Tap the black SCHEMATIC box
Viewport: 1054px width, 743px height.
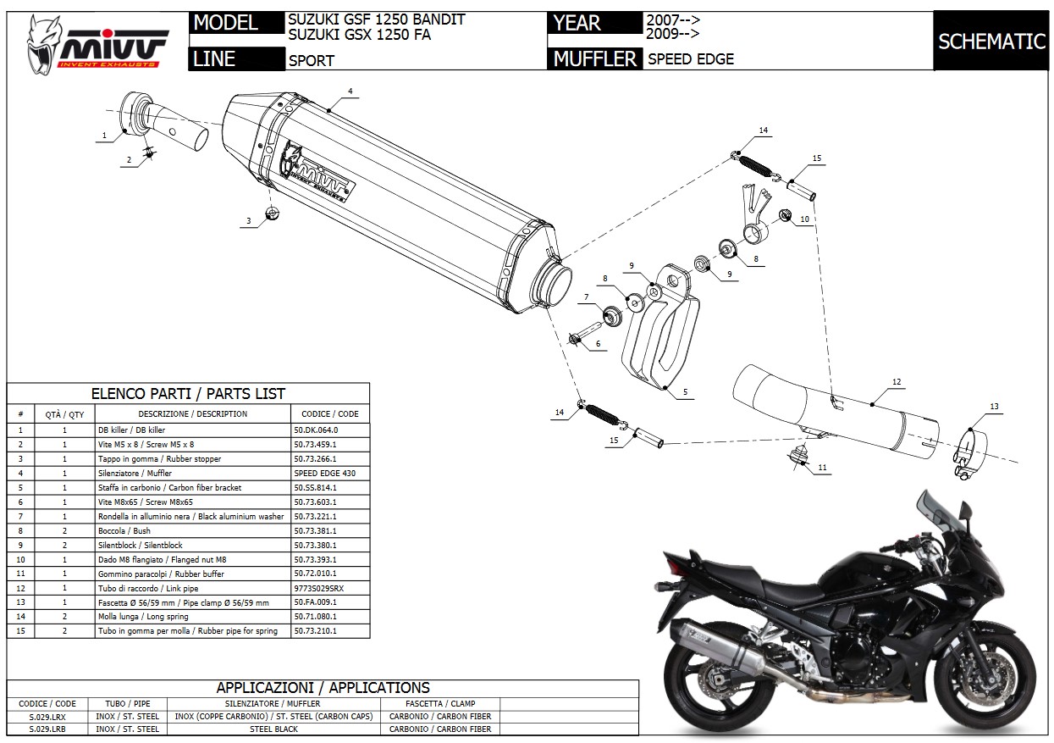(991, 41)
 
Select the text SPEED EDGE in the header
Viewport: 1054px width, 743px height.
(691, 59)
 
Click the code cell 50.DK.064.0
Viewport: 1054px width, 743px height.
(314, 430)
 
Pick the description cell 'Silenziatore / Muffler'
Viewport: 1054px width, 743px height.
(135, 473)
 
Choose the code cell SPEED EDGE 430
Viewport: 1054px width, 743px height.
(319, 473)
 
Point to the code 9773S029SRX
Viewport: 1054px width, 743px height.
(319, 588)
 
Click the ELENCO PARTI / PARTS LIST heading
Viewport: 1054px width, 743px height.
(188, 393)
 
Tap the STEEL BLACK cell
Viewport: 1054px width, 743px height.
(273, 729)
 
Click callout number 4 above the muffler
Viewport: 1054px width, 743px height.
(350, 91)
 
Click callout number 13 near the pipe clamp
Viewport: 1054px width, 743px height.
(994, 407)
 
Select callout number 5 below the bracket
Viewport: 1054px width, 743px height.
(685, 393)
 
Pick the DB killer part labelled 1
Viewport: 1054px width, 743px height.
(140, 111)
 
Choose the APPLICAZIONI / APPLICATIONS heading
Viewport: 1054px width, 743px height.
(323, 687)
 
